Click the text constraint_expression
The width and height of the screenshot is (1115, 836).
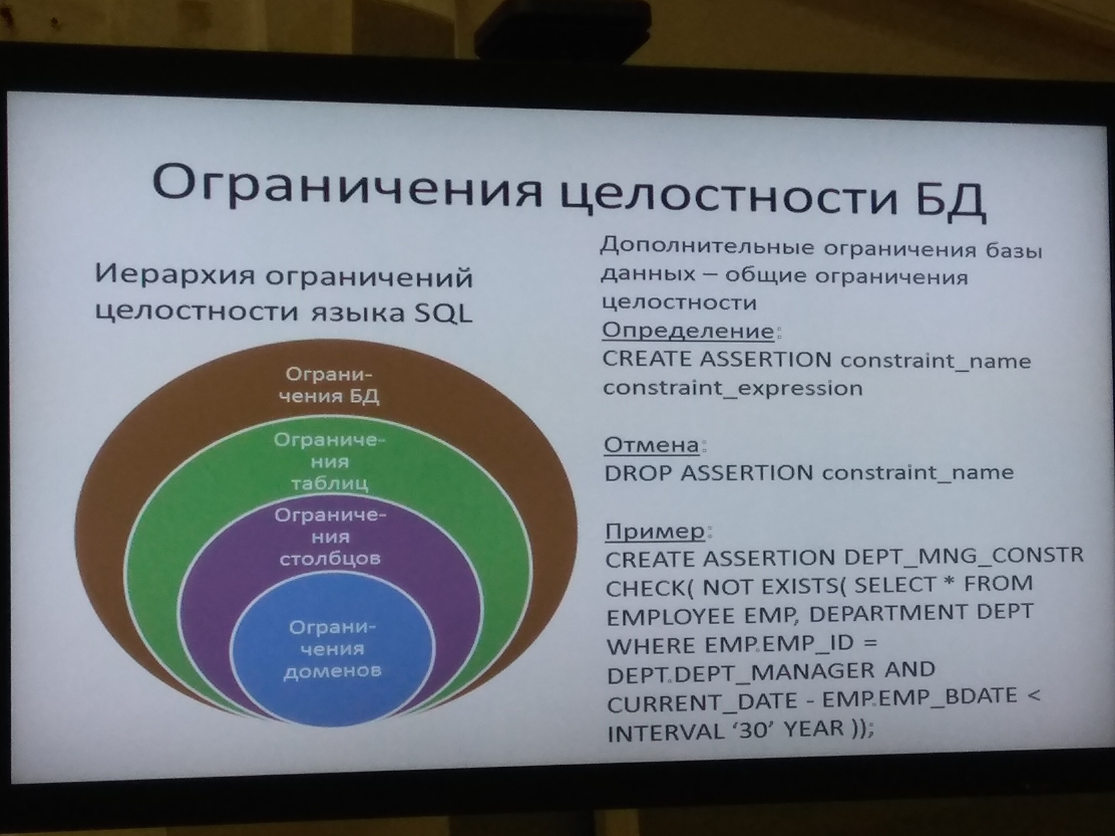tap(733, 388)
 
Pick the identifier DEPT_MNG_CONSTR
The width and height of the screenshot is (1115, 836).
tap(964, 556)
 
